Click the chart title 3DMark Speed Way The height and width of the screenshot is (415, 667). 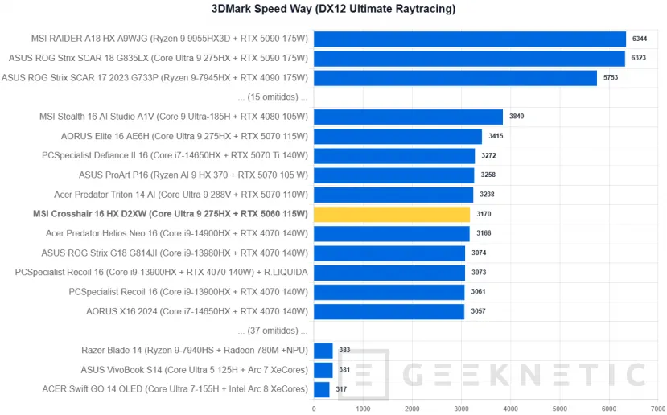333,10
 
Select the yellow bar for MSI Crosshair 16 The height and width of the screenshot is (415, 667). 392,214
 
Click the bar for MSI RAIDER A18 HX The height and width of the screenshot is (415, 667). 470,39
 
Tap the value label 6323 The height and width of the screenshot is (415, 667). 640,58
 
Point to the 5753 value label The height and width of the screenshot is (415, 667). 611,77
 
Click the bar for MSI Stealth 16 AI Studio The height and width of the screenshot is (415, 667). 408,117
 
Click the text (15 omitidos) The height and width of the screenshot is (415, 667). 273,97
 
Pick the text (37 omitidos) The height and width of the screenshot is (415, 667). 273,331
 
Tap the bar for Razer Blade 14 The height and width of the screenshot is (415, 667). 323,350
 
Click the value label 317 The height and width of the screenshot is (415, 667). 342,389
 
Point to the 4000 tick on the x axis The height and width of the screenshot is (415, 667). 510,408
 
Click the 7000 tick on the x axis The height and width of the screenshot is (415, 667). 657,408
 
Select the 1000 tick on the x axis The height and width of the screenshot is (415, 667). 363,408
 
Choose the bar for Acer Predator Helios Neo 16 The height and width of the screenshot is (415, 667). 392,233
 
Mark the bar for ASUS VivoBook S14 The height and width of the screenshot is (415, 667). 323,370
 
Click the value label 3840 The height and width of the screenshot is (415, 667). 517,117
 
